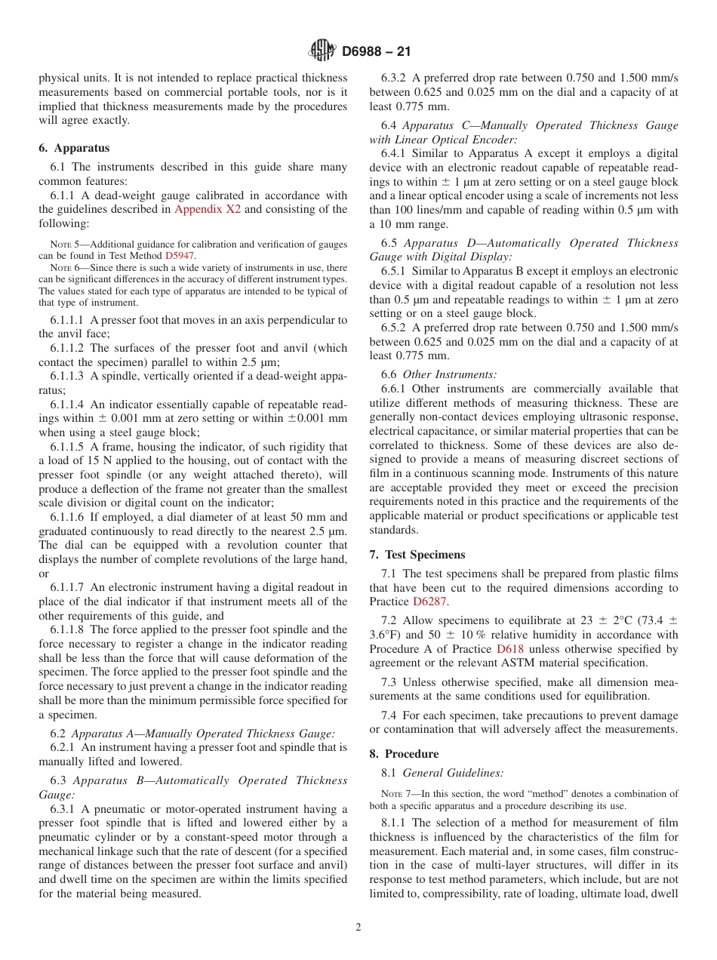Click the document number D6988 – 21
tap(377, 52)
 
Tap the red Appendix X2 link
tap(208, 210)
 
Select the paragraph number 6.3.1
tap(63, 809)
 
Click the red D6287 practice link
tap(429, 602)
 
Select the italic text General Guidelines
tap(453, 773)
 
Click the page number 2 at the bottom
tap(358, 928)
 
